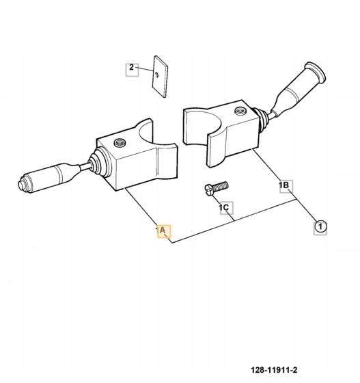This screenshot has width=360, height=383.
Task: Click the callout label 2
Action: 132,70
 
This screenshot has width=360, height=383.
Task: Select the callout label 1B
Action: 286,186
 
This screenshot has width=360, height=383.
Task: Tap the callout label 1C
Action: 226,208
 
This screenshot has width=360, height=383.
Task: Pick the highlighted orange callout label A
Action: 164,231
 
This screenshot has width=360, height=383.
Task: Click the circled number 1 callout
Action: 320,227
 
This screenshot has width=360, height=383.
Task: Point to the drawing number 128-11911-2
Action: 274,370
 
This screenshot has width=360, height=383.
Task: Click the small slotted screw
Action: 217,188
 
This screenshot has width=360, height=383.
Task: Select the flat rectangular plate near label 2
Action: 161,77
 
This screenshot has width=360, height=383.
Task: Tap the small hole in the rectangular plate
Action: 156,75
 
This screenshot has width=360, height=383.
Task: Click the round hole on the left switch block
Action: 120,142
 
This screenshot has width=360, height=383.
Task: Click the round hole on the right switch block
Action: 240,111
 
